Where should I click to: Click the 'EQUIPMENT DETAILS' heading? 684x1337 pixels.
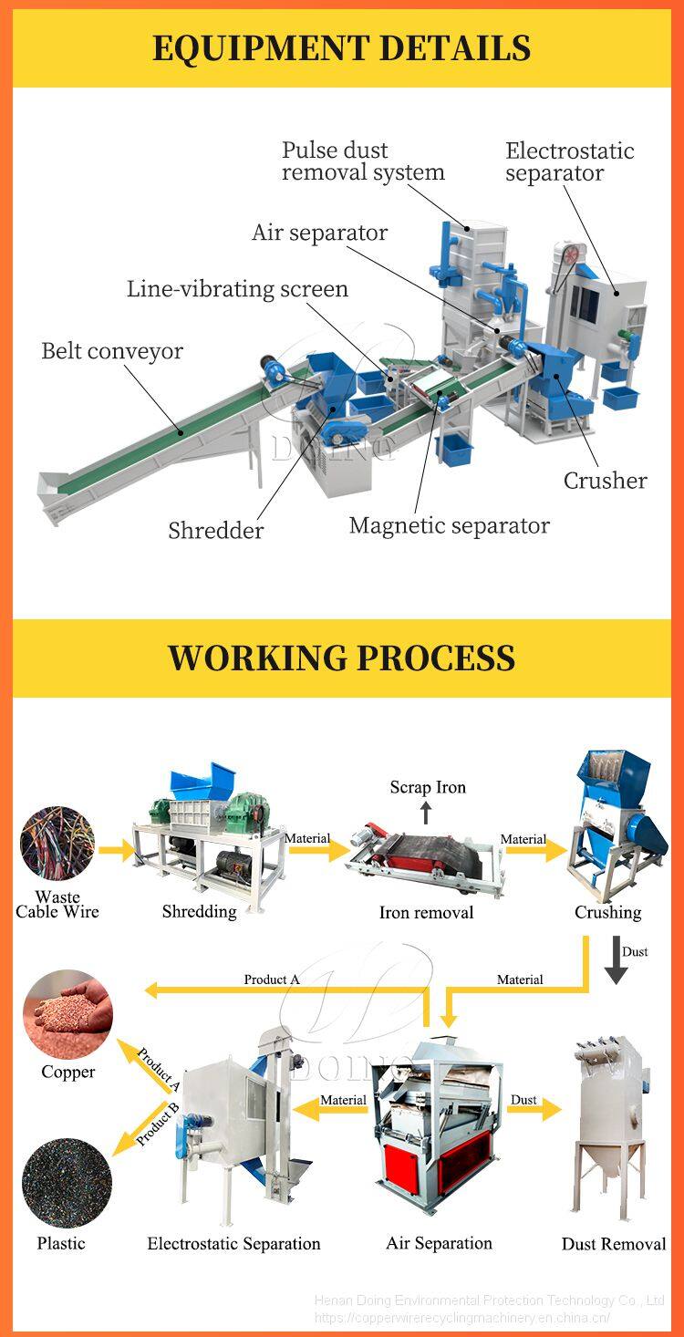pos(341,47)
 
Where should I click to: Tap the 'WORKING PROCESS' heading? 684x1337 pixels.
pos(341,658)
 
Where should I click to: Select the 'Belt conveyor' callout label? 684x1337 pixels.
pos(112,351)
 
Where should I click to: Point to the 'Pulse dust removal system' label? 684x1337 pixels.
pos(362,161)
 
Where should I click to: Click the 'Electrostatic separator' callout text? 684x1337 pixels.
pos(569,161)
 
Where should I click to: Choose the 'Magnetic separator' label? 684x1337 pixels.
pos(449,526)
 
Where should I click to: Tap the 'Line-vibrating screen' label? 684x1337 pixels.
pos(237,289)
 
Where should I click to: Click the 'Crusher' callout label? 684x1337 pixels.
pos(605,481)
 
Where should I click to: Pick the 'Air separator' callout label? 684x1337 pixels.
pos(319,233)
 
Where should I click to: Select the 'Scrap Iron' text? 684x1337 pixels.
pos(428,787)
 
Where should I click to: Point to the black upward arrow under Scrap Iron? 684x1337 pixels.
pos(425,812)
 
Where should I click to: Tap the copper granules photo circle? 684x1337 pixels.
pos(67,1014)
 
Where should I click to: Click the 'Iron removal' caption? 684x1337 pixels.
pos(426,912)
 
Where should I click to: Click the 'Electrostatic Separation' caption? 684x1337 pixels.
pos(233,1244)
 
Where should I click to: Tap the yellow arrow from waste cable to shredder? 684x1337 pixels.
pos(116,852)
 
